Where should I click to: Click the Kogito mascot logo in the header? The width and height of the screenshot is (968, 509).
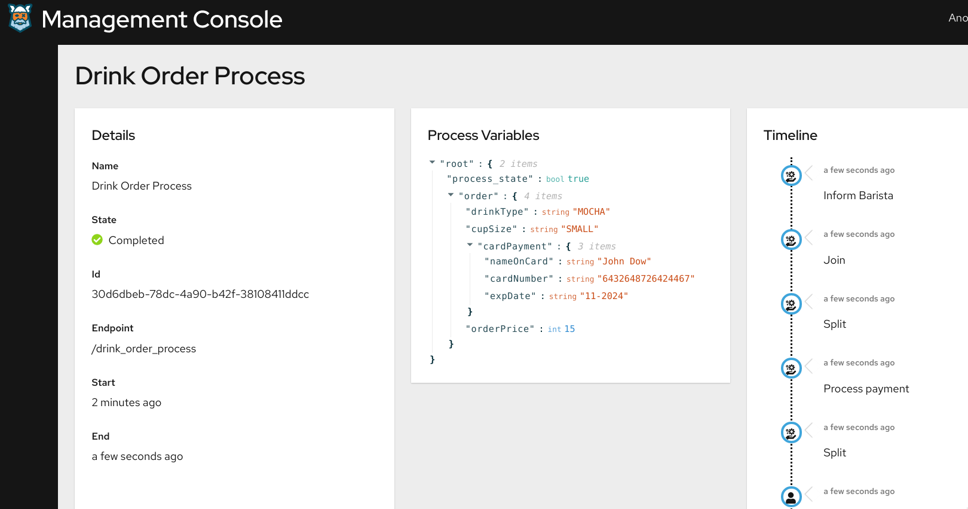coord(20,18)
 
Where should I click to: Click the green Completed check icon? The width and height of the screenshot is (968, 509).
coord(97,240)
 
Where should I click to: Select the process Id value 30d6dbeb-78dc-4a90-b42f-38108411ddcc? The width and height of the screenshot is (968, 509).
coord(200,294)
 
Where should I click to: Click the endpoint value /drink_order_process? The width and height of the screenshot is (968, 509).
coord(143,349)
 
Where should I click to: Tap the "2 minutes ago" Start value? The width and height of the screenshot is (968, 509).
coord(126,403)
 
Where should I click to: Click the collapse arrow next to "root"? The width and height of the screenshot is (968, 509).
coord(432,163)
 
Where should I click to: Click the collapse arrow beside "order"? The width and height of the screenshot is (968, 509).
coord(451,195)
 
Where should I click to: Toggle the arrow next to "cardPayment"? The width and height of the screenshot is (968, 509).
coord(470,245)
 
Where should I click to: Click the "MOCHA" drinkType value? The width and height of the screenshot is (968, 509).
coord(592,212)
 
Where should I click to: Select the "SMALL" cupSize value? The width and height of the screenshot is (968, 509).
coord(580,229)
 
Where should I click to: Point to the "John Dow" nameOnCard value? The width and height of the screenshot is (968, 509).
coord(624,261)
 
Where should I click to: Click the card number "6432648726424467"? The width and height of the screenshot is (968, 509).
coord(646,279)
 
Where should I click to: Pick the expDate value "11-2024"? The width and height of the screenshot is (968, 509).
coord(604,296)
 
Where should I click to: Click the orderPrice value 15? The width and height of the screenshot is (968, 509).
coord(569,329)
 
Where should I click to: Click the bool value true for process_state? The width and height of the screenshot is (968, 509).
coord(578,179)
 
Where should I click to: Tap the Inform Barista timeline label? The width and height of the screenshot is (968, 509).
coord(858,196)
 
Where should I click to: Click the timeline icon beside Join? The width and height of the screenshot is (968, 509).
coord(791,240)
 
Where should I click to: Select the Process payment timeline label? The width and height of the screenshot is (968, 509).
coord(866,389)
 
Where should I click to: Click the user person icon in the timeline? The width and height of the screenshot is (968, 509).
coord(791,496)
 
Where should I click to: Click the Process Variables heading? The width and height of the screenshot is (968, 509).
coord(483,135)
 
